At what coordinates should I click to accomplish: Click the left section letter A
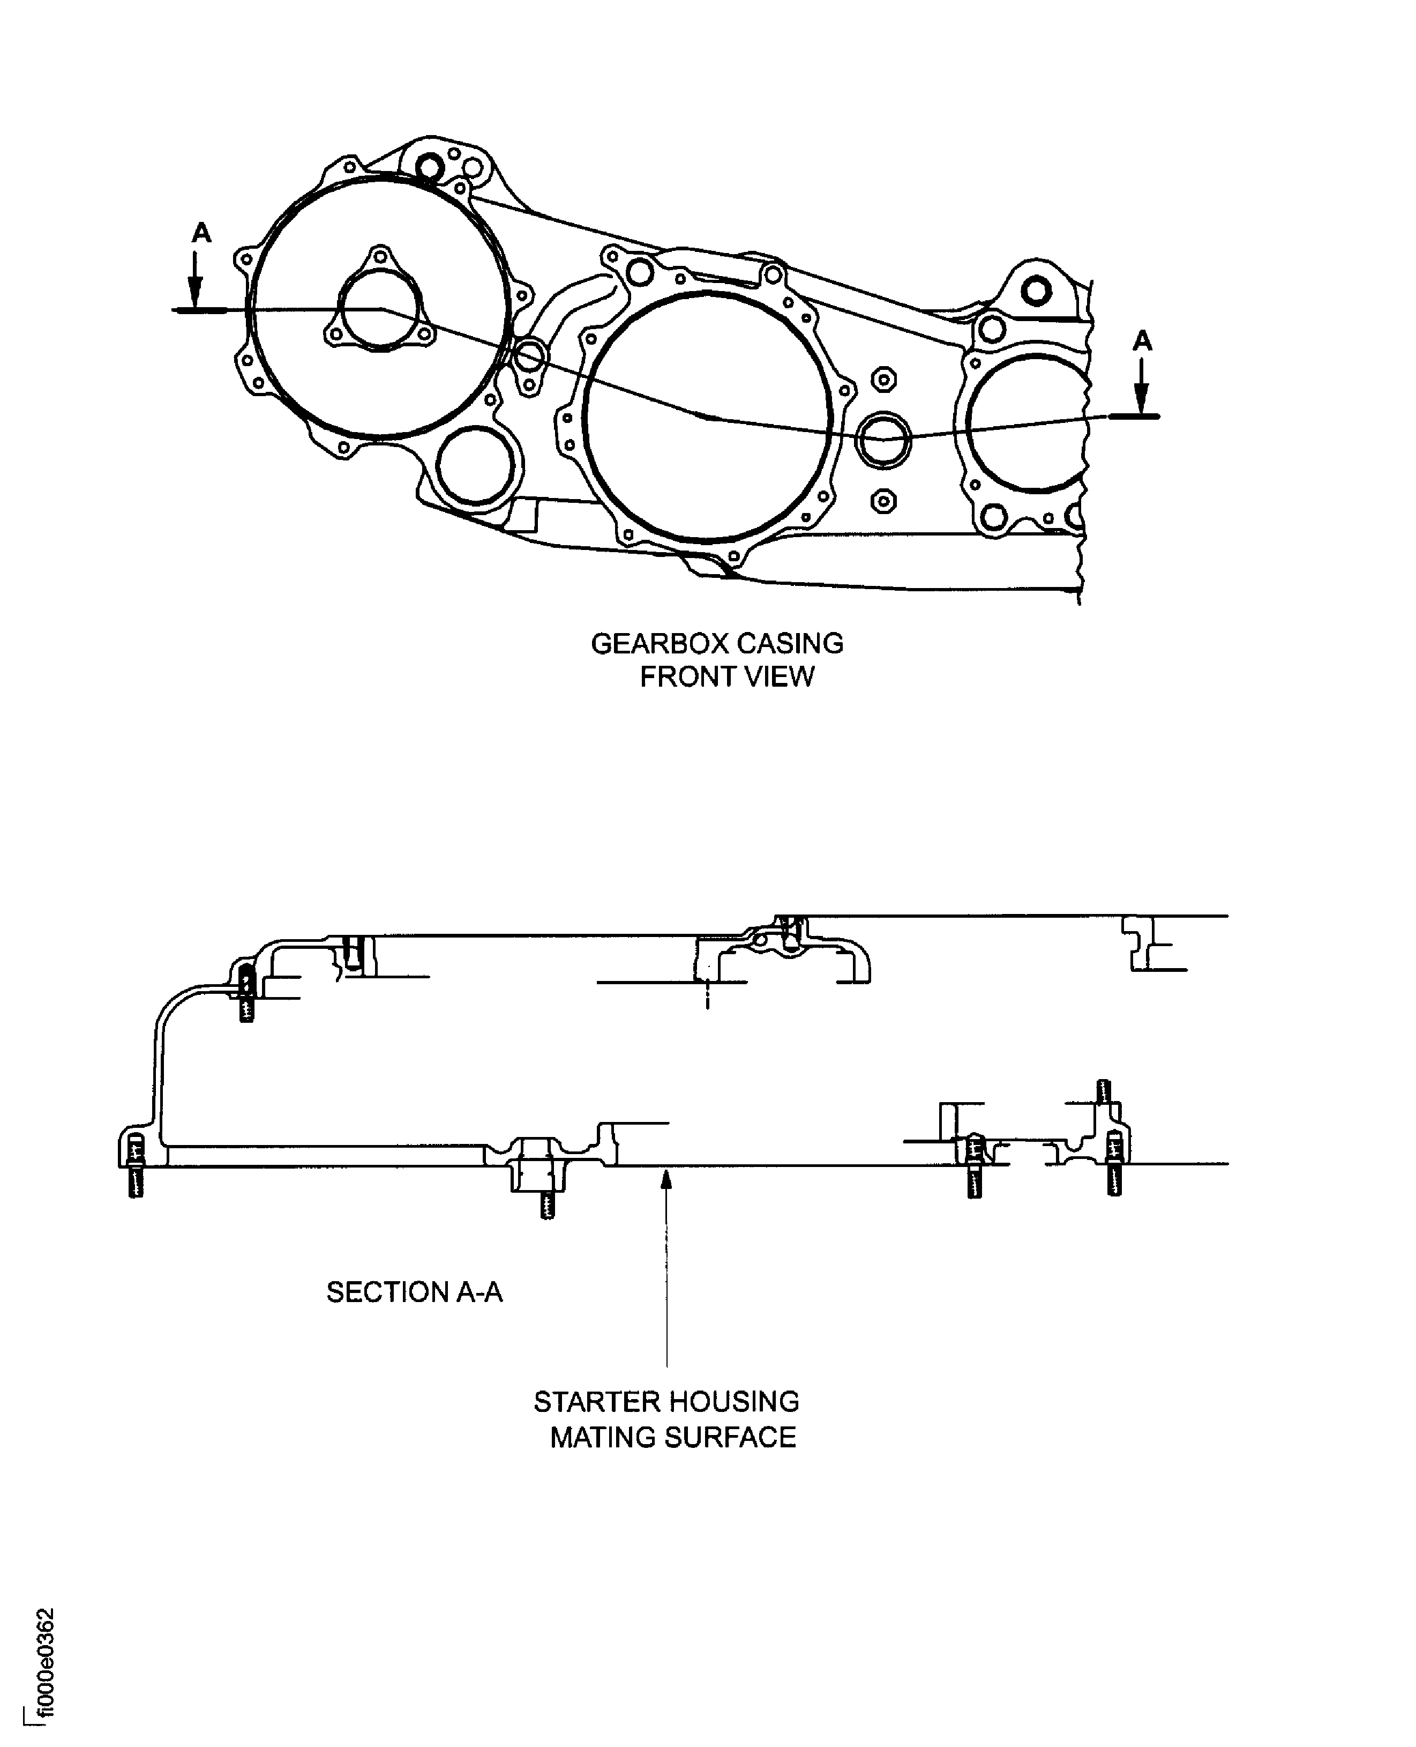(201, 234)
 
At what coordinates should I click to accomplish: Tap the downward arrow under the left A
(195, 281)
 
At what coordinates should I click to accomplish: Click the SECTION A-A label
(414, 1292)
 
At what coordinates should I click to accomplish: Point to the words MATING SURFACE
(672, 1437)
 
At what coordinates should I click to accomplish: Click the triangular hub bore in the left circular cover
(379, 310)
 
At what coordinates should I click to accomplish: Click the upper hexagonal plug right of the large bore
(883, 380)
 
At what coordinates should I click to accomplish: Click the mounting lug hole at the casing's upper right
(1037, 289)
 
